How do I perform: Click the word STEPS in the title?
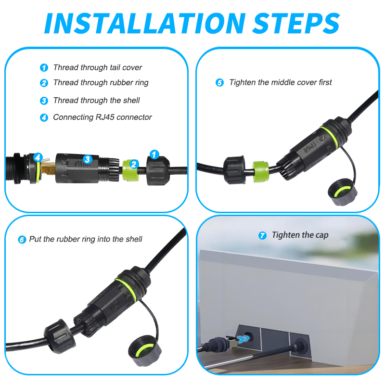pyautogui.click(x=295, y=23)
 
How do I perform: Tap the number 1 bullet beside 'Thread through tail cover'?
pyautogui.click(x=44, y=68)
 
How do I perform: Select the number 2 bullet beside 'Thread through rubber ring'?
pyautogui.click(x=44, y=83)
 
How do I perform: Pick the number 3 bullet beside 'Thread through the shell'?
pyautogui.click(x=44, y=101)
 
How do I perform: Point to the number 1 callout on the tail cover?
pyautogui.click(x=154, y=154)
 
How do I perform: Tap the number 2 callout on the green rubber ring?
pyautogui.click(x=134, y=164)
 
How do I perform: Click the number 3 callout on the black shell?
pyautogui.click(x=87, y=159)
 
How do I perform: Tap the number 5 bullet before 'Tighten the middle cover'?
pyautogui.click(x=219, y=83)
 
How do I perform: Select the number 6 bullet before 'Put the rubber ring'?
pyautogui.click(x=22, y=239)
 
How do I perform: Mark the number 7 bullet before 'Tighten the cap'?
pyautogui.click(x=262, y=235)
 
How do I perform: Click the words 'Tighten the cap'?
pyautogui.click(x=300, y=235)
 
